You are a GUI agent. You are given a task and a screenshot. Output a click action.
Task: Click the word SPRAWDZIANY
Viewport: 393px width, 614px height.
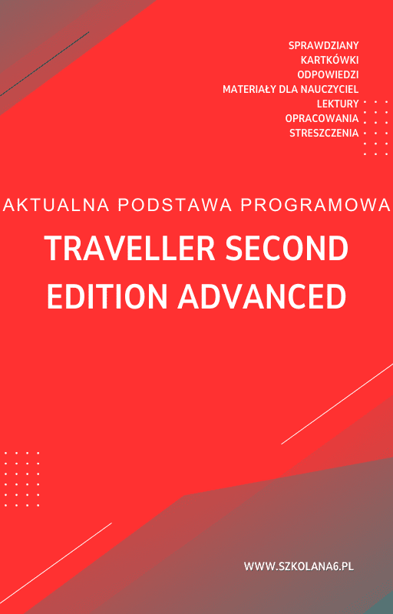[x=324, y=46]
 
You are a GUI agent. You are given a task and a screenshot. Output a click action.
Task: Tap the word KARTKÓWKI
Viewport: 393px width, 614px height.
[x=330, y=61]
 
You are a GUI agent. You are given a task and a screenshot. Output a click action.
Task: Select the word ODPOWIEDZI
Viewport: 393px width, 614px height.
[x=328, y=75]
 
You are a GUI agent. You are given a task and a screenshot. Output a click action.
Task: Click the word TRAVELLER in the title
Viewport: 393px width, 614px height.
[x=126, y=249]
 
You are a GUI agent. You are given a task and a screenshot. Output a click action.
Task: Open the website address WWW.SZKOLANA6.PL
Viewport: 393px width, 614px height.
[x=299, y=566]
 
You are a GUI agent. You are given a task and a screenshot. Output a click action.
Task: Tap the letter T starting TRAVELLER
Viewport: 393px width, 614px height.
[x=52, y=249]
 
